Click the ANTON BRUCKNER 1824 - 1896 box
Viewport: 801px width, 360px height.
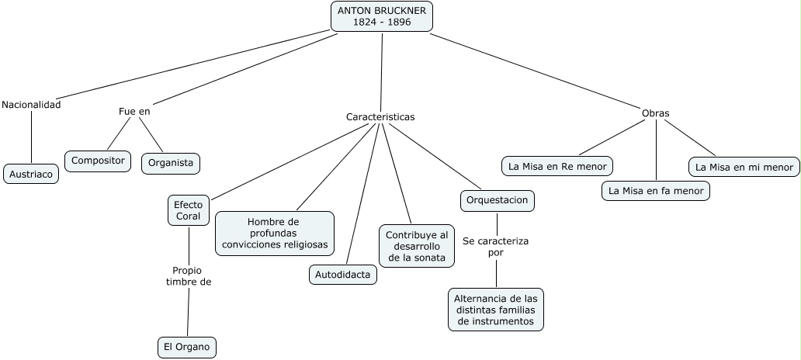point(382,16)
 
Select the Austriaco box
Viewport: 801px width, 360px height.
point(32,174)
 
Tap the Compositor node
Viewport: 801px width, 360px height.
point(98,161)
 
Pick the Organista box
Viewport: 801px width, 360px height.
point(171,163)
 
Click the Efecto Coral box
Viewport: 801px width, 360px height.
point(189,210)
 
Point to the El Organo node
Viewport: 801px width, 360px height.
point(186,347)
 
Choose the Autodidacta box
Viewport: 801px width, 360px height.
point(343,274)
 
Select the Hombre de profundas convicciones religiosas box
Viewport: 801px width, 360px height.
point(275,233)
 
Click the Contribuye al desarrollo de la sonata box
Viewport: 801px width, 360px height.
point(417,246)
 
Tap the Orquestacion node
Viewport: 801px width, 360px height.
point(497,200)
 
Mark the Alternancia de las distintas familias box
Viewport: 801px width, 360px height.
point(496,310)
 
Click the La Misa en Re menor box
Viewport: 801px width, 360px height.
point(557,166)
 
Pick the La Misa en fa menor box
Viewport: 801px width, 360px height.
point(656,190)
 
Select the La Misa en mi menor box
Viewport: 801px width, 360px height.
point(744,167)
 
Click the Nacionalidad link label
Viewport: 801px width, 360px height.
point(31,105)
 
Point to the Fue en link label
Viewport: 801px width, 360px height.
point(134,111)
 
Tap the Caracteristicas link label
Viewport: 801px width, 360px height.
point(380,117)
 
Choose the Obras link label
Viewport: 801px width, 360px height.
point(655,113)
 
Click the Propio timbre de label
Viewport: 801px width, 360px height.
point(189,276)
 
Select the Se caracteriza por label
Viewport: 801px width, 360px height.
point(496,247)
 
